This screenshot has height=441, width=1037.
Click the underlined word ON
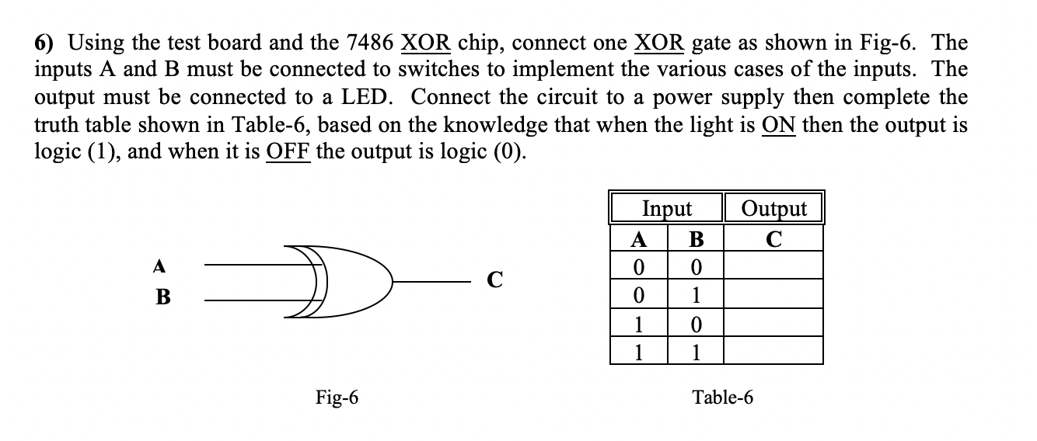(x=778, y=124)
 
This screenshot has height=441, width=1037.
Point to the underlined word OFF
(x=288, y=151)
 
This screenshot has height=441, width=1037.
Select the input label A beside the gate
(x=159, y=266)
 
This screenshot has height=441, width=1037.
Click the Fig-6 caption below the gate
(x=337, y=398)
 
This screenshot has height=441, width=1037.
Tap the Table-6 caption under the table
(x=722, y=398)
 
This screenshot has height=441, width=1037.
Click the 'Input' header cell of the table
(x=667, y=208)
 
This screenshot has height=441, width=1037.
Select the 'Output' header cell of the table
(x=774, y=208)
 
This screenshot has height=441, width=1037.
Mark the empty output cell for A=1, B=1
(x=774, y=351)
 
